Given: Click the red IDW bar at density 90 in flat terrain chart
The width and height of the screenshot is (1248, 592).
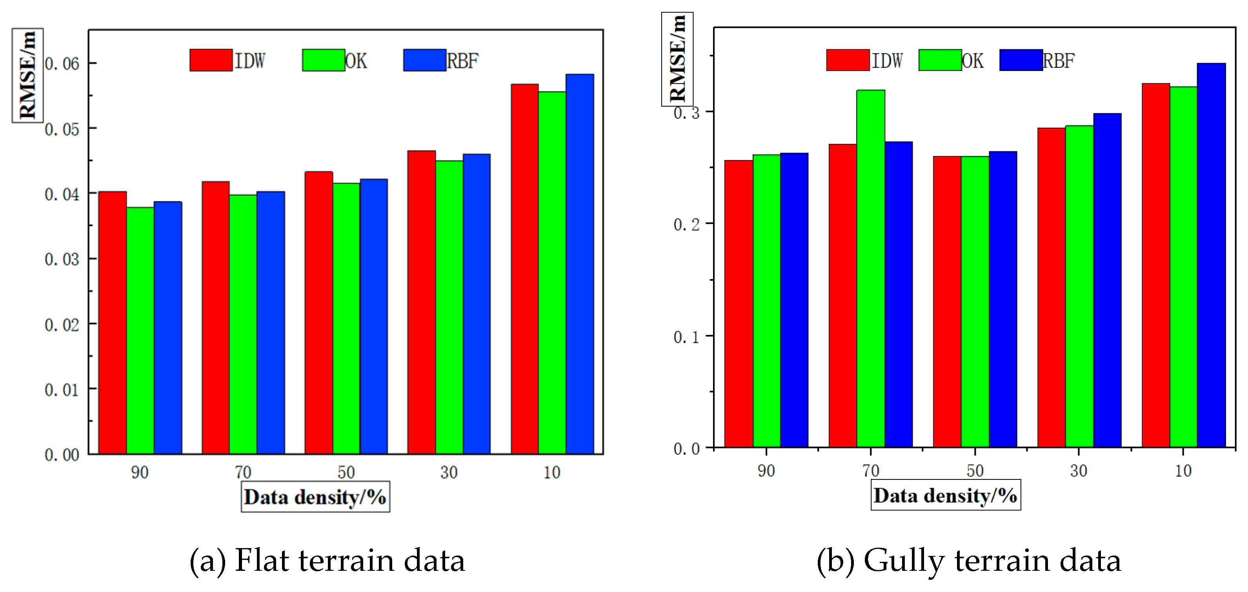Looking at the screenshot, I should click(113, 322).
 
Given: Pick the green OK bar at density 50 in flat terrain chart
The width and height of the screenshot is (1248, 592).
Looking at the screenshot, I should click(346, 318).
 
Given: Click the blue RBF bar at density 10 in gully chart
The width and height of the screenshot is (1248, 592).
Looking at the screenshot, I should click(1211, 255).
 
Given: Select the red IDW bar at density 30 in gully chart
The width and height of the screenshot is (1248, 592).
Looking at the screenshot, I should click(1051, 287).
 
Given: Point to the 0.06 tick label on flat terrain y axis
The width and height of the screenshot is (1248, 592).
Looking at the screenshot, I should click(62, 64).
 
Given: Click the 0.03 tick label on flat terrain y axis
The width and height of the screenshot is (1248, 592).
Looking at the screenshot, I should click(62, 259).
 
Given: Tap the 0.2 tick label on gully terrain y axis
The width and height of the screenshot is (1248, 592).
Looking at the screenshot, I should click(686, 224).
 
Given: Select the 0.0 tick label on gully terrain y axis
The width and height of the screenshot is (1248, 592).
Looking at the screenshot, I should click(686, 449).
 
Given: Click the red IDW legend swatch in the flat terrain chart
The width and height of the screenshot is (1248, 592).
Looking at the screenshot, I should click(211, 60).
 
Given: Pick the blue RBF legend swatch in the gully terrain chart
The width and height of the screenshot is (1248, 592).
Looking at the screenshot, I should click(1021, 60).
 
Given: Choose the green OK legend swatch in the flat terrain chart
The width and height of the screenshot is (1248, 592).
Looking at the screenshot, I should click(323, 60).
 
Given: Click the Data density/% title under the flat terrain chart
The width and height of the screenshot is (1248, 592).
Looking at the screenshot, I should click(315, 497).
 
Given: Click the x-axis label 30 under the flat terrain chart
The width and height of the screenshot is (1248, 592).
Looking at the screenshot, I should click(449, 472).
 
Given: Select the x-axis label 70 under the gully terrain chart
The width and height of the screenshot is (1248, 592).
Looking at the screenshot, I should click(871, 470).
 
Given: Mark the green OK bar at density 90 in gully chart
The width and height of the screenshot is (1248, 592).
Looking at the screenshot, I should click(766, 300).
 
